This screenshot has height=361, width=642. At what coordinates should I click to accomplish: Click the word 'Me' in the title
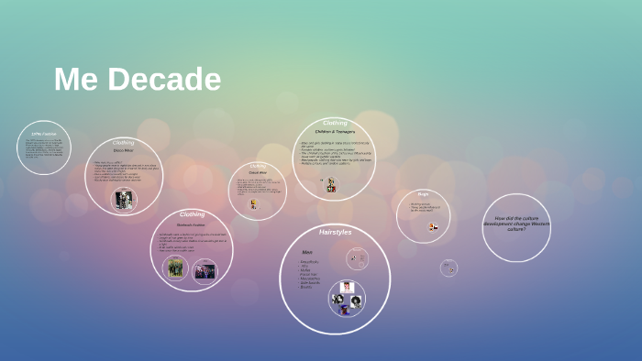(73, 80)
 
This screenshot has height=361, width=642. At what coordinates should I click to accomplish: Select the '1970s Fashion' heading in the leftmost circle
(43, 134)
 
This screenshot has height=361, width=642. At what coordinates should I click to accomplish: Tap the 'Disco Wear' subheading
(124, 150)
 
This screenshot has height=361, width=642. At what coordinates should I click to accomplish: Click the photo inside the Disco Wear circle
(124, 200)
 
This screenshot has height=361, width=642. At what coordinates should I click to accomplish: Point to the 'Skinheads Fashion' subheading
(192, 224)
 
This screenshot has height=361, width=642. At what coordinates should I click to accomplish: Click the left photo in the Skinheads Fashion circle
(175, 268)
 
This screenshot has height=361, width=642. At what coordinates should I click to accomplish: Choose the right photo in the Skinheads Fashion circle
(205, 271)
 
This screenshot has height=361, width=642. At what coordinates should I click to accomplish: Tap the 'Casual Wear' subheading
(258, 172)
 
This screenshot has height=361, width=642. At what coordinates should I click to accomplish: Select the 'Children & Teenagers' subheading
(335, 132)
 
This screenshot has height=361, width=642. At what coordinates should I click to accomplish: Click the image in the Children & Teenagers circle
(331, 185)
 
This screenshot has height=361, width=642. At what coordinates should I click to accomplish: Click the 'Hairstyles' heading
(335, 233)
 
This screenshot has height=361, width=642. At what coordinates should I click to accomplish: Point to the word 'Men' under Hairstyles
(307, 252)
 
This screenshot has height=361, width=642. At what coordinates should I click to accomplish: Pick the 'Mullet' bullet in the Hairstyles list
(306, 270)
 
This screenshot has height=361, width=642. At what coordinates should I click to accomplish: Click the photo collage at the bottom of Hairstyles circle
(347, 298)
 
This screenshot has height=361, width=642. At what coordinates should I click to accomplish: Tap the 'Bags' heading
(423, 194)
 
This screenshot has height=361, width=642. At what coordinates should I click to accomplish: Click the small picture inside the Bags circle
(432, 226)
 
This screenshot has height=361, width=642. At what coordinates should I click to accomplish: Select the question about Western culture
(516, 224)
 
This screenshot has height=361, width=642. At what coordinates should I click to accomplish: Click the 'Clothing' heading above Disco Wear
(124, 143)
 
